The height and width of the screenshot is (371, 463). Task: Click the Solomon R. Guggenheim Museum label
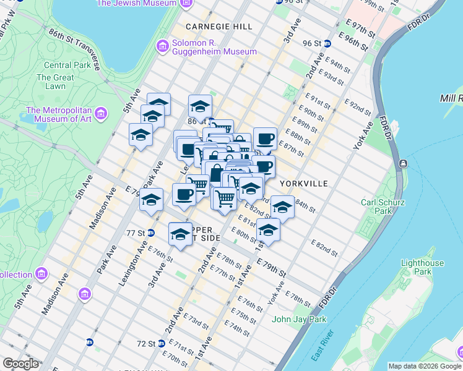click(205, 48)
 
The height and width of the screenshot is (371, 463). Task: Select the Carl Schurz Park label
click(383, 206)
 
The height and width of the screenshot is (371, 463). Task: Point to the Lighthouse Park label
click(422, 267)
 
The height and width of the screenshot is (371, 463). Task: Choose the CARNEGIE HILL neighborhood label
click(219, 27)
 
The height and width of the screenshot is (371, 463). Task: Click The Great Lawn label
click(55, 82)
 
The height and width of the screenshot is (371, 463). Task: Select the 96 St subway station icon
click(327, 43)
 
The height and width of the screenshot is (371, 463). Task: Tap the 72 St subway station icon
click(161, 343)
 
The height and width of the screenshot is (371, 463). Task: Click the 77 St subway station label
click(135, 233)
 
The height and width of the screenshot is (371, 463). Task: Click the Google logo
click(20, 364)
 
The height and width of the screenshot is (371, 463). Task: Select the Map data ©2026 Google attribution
click(425, 366)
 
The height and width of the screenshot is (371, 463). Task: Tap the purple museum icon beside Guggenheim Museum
click(163, 45)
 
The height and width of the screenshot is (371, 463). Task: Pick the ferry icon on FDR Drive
click(403, 163)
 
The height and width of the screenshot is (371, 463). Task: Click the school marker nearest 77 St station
click(180, 234)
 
